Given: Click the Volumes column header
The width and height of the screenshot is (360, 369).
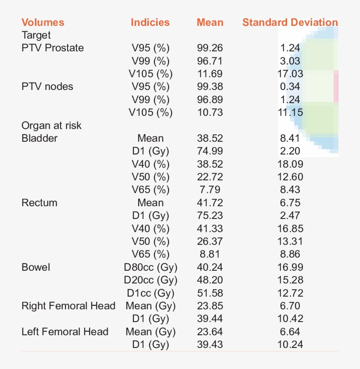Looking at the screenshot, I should tap(43, 22).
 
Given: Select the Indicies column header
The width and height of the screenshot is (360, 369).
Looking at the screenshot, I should tap(150, 22).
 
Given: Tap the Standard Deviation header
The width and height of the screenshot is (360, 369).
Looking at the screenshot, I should tap(290, 22).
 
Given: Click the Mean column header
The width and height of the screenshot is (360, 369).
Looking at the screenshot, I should tap(210, 22).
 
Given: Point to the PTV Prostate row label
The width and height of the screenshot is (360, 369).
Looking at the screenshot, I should tap(53, 48).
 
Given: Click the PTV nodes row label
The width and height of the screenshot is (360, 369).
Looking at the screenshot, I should tap(47, 86).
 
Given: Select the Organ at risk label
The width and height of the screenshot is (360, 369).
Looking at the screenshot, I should tap(52, 125).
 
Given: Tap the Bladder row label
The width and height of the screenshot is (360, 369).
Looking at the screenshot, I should tap(40, 138).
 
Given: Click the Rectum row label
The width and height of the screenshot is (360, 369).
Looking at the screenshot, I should tap(40, 203).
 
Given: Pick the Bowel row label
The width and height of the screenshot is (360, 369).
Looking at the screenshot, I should tap(36, 267).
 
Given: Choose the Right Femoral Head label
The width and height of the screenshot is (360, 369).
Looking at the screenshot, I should tap(68, 306).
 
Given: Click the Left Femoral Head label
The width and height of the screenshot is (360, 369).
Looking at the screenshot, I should tap(65, 332).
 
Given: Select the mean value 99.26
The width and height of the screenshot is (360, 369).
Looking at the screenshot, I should tap(210, 48).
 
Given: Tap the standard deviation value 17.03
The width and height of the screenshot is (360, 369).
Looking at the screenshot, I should tap(290, 74).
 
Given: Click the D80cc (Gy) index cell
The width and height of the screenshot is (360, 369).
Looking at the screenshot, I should tap(151, 267).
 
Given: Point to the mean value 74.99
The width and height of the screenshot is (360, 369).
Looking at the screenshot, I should tap(210, 151).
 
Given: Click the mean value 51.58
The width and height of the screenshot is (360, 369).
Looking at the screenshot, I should tap(210, 293).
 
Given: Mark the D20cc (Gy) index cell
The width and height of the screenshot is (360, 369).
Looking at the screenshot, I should tap(151, 280).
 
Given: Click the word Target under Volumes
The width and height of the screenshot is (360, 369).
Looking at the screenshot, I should tap(36, 35).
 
